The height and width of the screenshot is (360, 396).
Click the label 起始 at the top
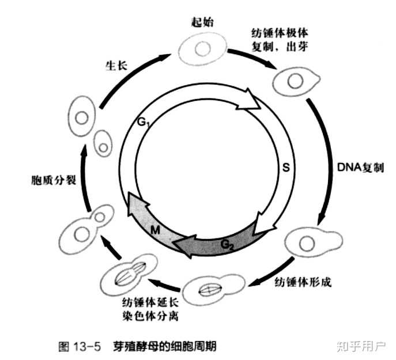202,22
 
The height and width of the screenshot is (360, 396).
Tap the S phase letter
284,168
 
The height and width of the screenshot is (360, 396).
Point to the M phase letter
154,230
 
